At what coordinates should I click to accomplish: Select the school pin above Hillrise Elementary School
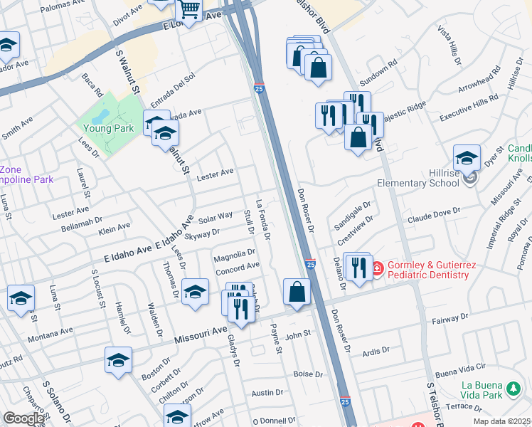pyautogui.click(x=467, y=158)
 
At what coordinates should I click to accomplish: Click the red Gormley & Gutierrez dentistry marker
pyautogui.click(x=378, y=269)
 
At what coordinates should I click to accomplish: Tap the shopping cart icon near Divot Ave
pyautogui.click(x=189, y=9)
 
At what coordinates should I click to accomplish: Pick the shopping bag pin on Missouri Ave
pyautogui.click(x=297, y=292)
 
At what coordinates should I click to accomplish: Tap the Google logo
pyautogui.click(x=24, y=418)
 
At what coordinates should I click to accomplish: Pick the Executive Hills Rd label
pyautogui.click(x=469, y=109)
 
